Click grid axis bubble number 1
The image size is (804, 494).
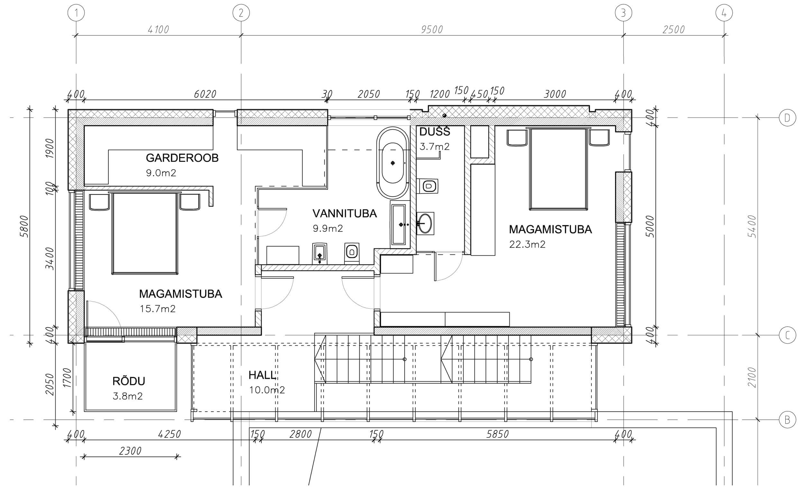pyautogui.click(x=76, y=14)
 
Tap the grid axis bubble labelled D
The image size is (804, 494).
pyautogui.click(x=787, y=117)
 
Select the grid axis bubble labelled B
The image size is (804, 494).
pyautogui.click(x=787, y=420)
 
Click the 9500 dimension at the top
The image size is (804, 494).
pyautogui.click(x=432, y=30)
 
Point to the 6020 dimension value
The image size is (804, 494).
pyautogui.click(x=205, y=94)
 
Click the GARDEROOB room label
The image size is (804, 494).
pyautogui.click(x=182, y=158)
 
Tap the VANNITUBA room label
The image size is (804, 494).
pyautogui.click(x=345, y=213)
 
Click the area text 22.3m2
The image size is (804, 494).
pyautogui.click(x=527, y=244)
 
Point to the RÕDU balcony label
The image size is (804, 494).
pyautogui.click(x=129, y=381)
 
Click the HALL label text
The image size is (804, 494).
pyautogui.click(x=262, y=375)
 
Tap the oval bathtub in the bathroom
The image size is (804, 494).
pyautogui.click(x=393, y=163)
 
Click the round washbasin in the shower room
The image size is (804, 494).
pyautogui.click(x=425, y=223)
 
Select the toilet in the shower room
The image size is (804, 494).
pyautogui.click(x=428, y=186)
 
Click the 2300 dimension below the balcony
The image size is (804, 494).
pyautogui.click(x=130, y=451)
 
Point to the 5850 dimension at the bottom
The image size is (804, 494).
pyautogui.click(x=498, y=434)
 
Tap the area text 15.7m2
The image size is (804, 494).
pyautogui.click(x=158, y=308)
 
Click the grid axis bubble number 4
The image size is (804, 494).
pyautogui.click(x=724, y=14)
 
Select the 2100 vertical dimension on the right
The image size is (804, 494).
pyautogui.click(x=752, y=377)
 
